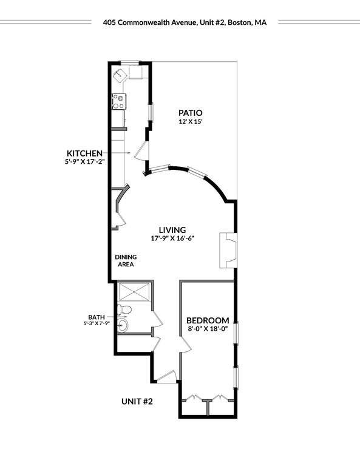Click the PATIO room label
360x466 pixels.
coord(190,113)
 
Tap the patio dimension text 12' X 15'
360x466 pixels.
coord(191,121)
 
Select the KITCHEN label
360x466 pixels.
coord(84,154)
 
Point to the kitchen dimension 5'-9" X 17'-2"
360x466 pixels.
coord(85,162)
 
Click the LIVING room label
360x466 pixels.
coord(172,230)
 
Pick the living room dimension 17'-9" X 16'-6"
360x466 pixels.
coord(172,238)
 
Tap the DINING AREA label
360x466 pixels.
coord(126,261)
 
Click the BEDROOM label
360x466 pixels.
coord(208,320)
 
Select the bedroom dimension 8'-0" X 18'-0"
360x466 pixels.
coord(208,329)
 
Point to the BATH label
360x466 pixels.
coord(97,317)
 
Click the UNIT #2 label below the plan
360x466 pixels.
coord(137,402)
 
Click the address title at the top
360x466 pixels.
coord(185,22)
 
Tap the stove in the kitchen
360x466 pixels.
coord(119,101)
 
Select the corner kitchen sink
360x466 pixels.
coord(120,73)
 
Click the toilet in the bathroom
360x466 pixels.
coord(124,309)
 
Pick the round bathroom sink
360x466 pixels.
coord(123,325)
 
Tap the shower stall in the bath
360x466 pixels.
coord(134,292)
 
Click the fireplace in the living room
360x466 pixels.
coord(228,250)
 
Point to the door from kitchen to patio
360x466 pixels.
coord(142,151)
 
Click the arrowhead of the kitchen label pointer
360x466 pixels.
coord(129,153)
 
